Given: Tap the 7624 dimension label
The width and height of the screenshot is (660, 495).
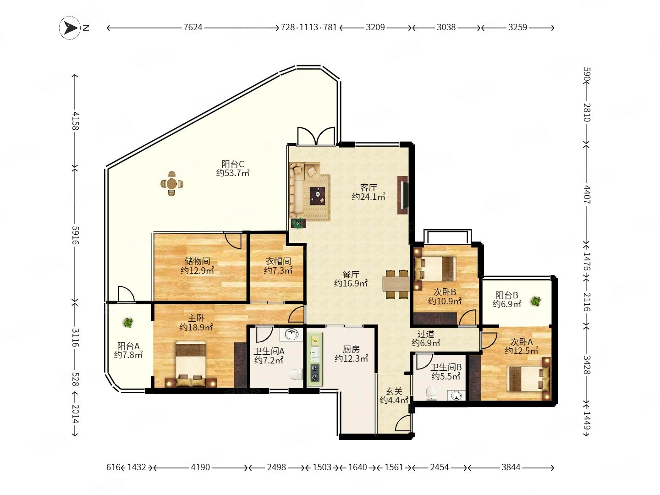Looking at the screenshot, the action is point(193,27).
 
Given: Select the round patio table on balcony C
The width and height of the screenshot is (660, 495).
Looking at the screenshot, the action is point(172,183).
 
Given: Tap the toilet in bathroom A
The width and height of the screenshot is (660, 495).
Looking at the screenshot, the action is point(296,374).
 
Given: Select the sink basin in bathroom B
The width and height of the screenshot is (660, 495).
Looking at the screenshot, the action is point(456,395).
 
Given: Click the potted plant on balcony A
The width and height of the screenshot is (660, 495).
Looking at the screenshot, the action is point(128,323).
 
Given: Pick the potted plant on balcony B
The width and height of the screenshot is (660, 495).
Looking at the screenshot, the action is point(535,301).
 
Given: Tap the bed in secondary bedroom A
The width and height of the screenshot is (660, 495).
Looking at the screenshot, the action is point(528,379).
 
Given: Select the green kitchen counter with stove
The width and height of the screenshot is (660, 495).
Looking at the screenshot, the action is point(315,359).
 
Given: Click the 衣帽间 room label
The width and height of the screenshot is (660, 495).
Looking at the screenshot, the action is point(278,261).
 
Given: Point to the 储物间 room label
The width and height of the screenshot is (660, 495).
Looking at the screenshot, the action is point(197,261).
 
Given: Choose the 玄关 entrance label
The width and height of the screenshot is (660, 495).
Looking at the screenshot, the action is point(394,391).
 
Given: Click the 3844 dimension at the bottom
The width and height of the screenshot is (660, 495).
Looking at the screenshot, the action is point(511,467).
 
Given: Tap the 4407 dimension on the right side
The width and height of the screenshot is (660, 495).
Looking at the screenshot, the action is point(587,195).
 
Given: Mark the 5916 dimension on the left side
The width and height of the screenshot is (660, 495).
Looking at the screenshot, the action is point(75,235).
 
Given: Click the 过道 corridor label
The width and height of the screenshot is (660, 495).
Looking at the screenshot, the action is point(426,334).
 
